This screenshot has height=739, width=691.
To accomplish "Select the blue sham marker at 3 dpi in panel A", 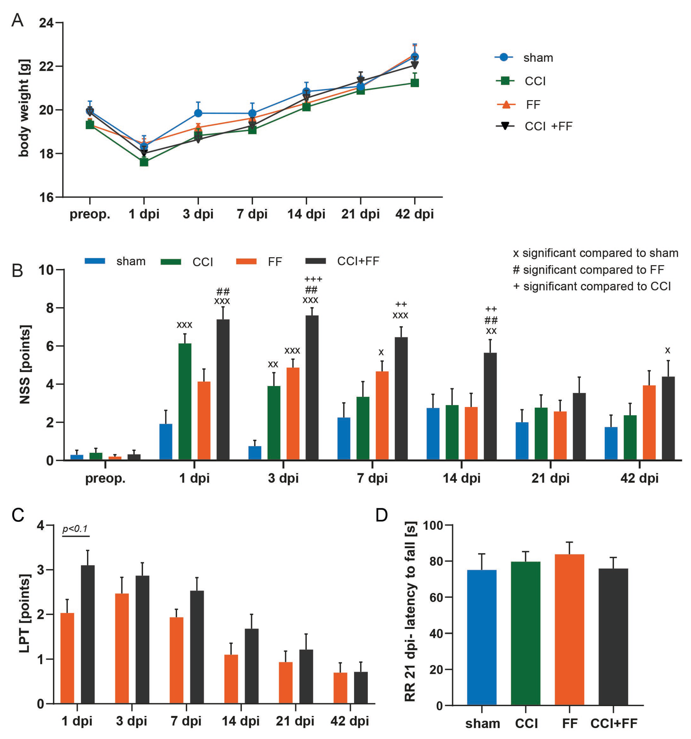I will (x=198, y=113).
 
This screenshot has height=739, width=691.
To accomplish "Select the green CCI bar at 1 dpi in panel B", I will (x=185, y=402).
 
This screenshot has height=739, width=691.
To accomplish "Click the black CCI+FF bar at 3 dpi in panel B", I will (x=312, y=388).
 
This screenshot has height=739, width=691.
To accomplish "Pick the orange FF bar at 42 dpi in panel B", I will (x=649, y=423).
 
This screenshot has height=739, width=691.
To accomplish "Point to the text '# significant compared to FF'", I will (x=588, y=269).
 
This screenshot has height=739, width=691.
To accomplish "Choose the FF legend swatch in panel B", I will (x=246, y=261).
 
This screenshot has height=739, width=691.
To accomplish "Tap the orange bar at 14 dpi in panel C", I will (x=231, y=679).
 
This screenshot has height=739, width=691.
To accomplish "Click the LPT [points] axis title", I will (x=24, y=614).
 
